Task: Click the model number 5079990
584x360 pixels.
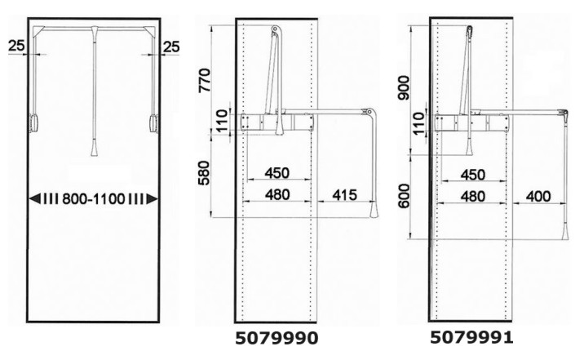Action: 277,339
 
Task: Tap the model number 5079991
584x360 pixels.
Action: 472,338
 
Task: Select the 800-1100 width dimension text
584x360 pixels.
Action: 93,199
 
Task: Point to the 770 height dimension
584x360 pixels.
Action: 205,80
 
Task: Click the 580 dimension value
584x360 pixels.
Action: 204,173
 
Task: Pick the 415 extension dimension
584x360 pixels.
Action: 344,195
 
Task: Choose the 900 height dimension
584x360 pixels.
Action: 404,87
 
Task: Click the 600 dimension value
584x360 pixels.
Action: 404,196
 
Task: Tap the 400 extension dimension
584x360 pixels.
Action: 538,197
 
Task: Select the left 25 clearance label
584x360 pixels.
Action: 16,46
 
